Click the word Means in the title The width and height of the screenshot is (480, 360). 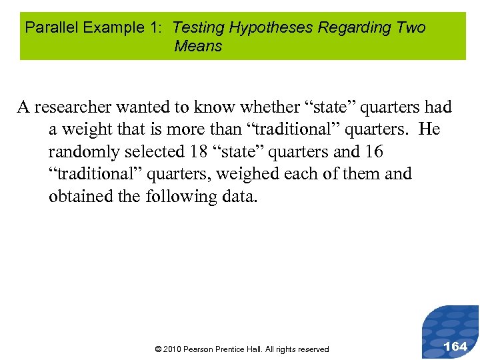click(x=198, y=46)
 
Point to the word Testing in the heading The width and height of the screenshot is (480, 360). click(x=199, y=27)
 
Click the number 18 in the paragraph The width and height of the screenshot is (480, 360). click(x=199, y=151)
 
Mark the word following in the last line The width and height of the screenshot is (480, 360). click(x=181, y=197)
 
